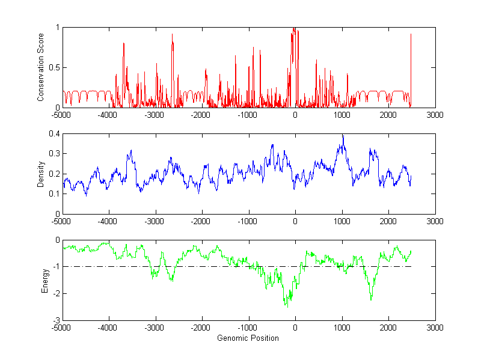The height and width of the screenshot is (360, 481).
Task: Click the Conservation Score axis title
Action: coord(40,67)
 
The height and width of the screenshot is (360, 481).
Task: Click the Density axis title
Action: coord(40,174)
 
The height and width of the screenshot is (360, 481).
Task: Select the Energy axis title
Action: coord(44,280)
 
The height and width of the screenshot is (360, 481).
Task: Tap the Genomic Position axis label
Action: coord(248,338)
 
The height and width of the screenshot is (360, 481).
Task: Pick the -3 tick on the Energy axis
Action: coord(57,320)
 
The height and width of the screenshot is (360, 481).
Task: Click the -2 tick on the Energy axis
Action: coord(57,294)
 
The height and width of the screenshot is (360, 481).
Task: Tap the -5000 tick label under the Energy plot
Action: coord(62,328)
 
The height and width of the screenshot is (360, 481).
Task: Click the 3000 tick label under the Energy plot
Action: coord(435,328)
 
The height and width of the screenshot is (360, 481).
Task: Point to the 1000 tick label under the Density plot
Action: coord(342,221)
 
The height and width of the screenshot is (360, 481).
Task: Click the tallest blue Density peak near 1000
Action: coord(343,136)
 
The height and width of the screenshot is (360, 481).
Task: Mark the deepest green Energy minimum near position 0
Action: coord(287,307)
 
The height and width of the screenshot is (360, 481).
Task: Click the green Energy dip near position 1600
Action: coord(371,299)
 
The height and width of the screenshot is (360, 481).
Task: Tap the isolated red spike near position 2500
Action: coord(411,35)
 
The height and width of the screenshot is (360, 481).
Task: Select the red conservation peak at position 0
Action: coord(293,28)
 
